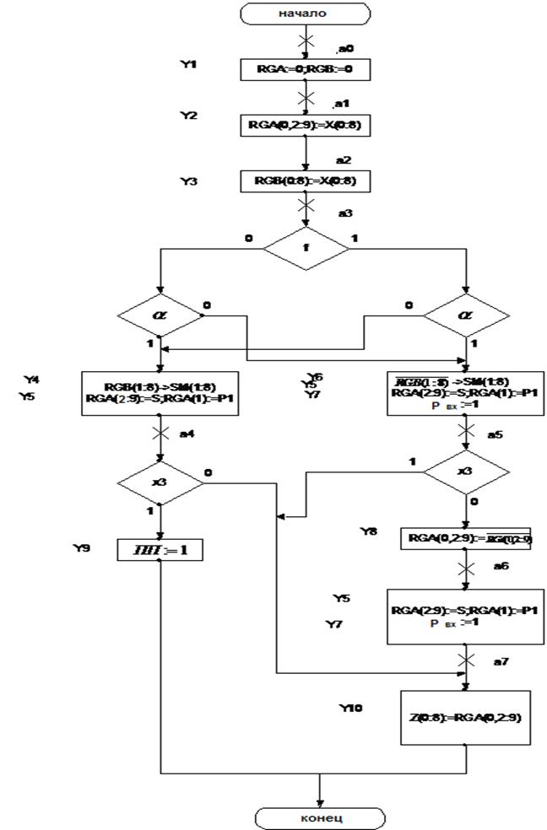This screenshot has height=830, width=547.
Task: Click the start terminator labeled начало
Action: pos(305,13)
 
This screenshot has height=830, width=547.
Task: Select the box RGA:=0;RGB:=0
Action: pos(305,68)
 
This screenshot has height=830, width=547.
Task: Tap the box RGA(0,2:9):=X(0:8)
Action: pos(305,124)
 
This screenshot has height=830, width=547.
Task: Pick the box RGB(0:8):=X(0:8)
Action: pos(305,181)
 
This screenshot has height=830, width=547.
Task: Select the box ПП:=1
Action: pos(160,550)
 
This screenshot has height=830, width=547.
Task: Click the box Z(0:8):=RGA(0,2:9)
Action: pos(466,716)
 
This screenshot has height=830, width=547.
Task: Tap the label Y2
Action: pos(188,116)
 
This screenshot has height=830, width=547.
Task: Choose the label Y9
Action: pos(83,547)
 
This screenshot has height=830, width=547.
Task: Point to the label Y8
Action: pos(369,531)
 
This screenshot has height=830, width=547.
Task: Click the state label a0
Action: pos(341,49)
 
